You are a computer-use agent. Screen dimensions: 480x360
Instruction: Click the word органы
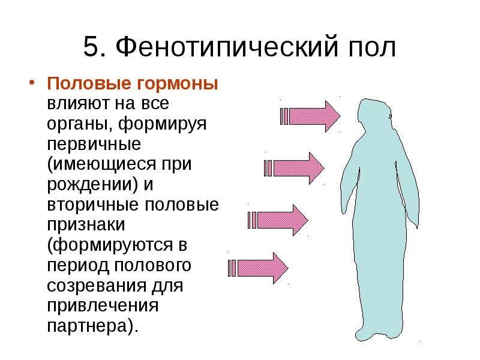(x=77, y=126)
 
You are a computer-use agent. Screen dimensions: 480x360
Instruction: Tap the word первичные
(x=94, y=145)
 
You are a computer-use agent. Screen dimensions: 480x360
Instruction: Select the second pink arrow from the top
(x=294, y=168)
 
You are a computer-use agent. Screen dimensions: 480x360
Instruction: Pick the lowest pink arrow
(x=258, y=268)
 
